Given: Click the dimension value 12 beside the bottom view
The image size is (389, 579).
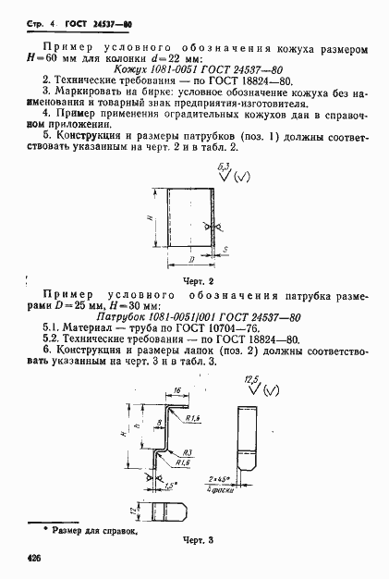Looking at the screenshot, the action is tap(130, 510).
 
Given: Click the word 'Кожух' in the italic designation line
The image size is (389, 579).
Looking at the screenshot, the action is tap(129, 68).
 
